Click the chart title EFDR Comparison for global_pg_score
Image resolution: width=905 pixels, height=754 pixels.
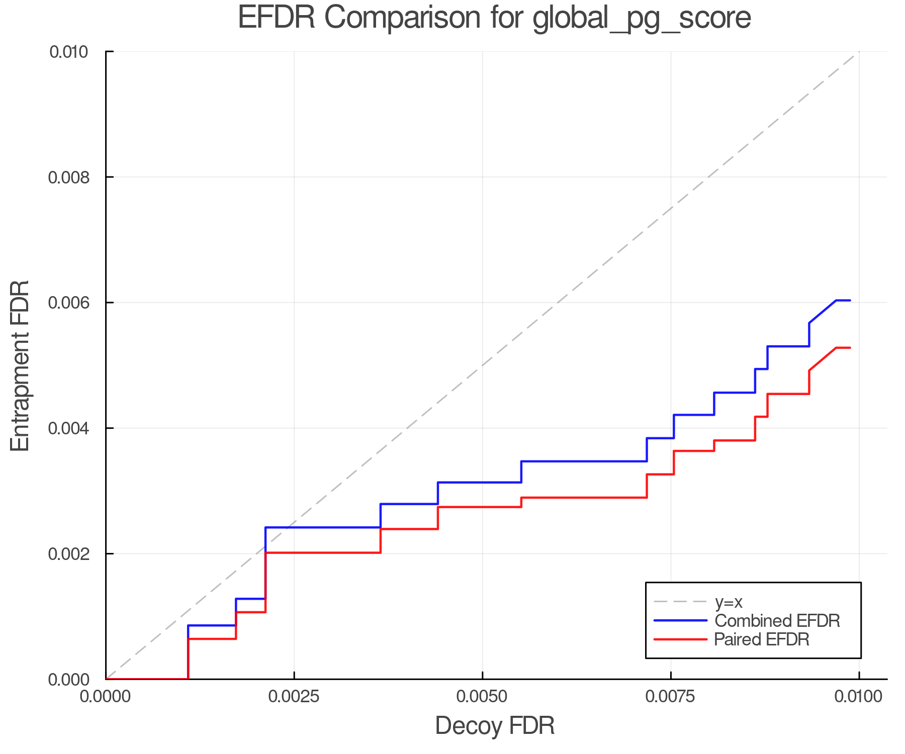tap(494, 18)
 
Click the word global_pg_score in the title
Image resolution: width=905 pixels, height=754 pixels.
tap(642, 19)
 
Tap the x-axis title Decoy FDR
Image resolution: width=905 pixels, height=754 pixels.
tap(495, 725)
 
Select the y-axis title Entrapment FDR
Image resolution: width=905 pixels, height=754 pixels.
tap(20, 365)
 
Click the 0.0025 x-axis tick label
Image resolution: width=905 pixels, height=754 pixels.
tap(294, 696)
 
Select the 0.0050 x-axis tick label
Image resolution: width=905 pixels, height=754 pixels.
tap(482, 696)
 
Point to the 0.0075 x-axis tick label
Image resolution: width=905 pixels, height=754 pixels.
tap(671, 696)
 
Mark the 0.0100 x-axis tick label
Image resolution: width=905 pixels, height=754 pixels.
tap(858, 696)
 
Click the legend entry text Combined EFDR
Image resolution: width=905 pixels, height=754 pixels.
tap(777, 621)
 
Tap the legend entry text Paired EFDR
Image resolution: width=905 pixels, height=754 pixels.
tap(762, 639)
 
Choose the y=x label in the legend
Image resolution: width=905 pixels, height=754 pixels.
tap(729, 602)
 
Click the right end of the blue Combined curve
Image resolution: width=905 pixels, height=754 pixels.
tap(850, 301)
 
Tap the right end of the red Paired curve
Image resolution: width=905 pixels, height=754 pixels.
tap(850, 348)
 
